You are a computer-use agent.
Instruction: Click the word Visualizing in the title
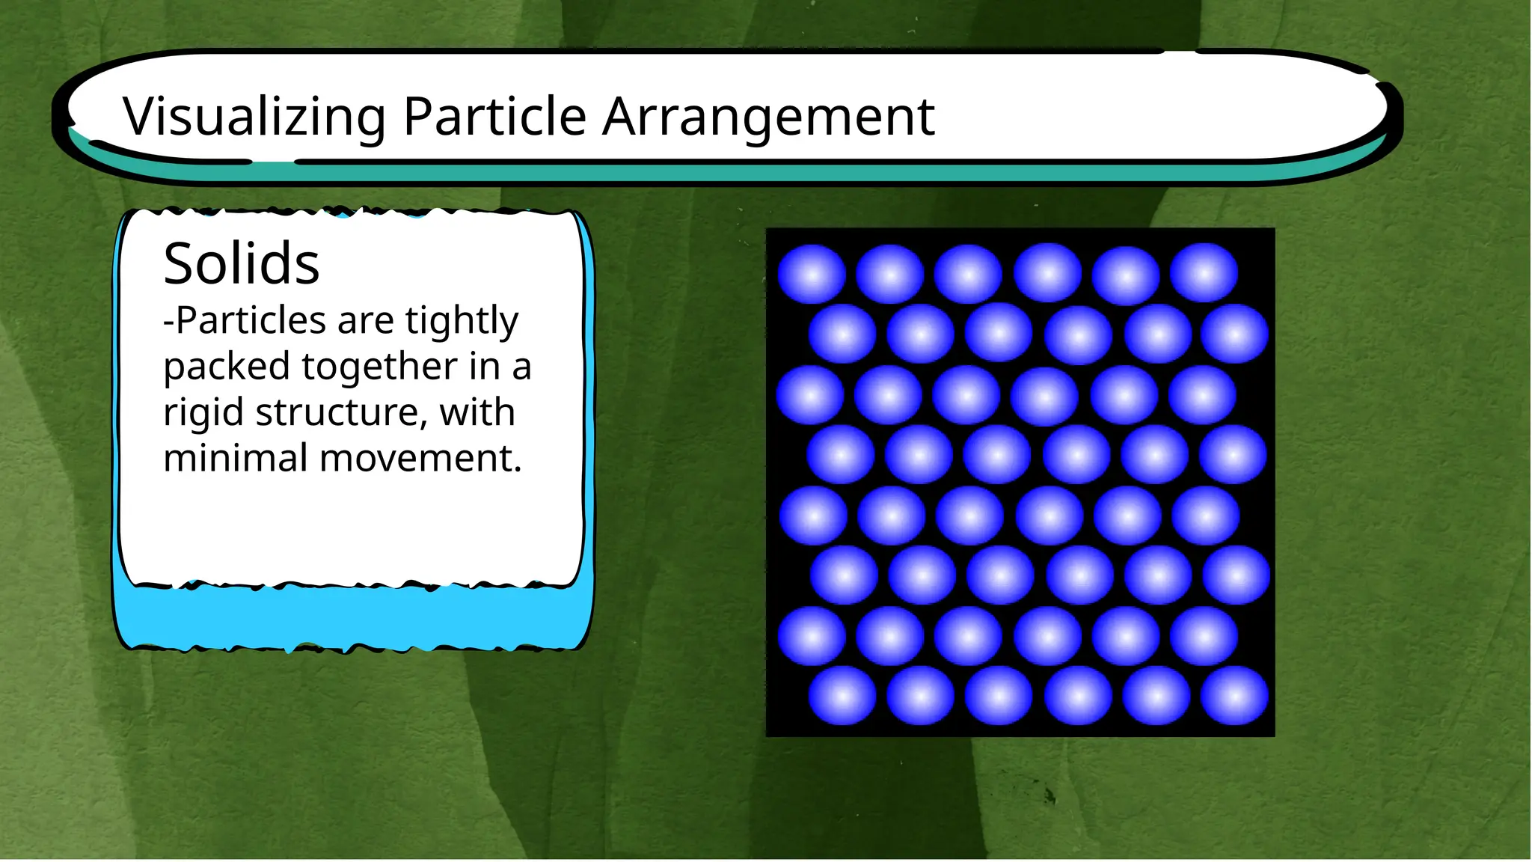coord(254,117)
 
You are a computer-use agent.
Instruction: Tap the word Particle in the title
coord(494,117)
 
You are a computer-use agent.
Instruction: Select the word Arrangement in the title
coord(768,117)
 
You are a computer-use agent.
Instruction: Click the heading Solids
coord(242,263)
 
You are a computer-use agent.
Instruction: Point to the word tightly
coord(462,321)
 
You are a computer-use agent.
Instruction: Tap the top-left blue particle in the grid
coord(812,274)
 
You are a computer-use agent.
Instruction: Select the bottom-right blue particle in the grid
coord(1234,696)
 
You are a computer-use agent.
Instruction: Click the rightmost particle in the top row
coord(1204,273)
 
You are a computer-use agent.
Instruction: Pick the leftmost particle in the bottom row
coord(842,696)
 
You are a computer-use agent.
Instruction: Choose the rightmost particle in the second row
coord(1234,334)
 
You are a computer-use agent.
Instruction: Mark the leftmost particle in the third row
coord(810,394)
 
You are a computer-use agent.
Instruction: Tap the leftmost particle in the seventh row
coord(812,636)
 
